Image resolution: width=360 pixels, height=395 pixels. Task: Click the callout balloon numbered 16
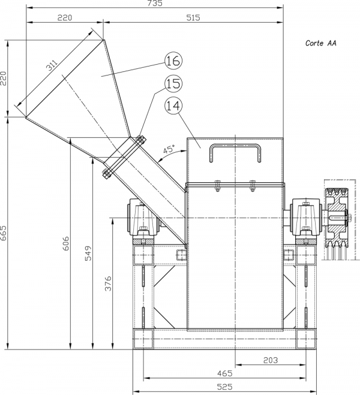click(173, 61)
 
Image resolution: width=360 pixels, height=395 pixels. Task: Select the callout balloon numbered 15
click(173, 83)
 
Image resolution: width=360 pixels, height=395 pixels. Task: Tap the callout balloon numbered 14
click(173, 106)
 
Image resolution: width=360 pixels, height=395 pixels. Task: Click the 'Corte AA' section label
click(320, 43)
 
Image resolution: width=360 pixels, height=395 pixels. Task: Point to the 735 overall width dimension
click(155, 3)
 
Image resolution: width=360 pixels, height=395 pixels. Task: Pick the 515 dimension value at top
click(193, 17)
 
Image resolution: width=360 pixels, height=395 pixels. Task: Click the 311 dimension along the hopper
click(52, 65)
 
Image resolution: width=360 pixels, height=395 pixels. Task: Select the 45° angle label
click(169, 149)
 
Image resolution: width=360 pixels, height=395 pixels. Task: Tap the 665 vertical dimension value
click(4, 233)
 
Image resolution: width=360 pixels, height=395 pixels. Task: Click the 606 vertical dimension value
click(65, 243)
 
